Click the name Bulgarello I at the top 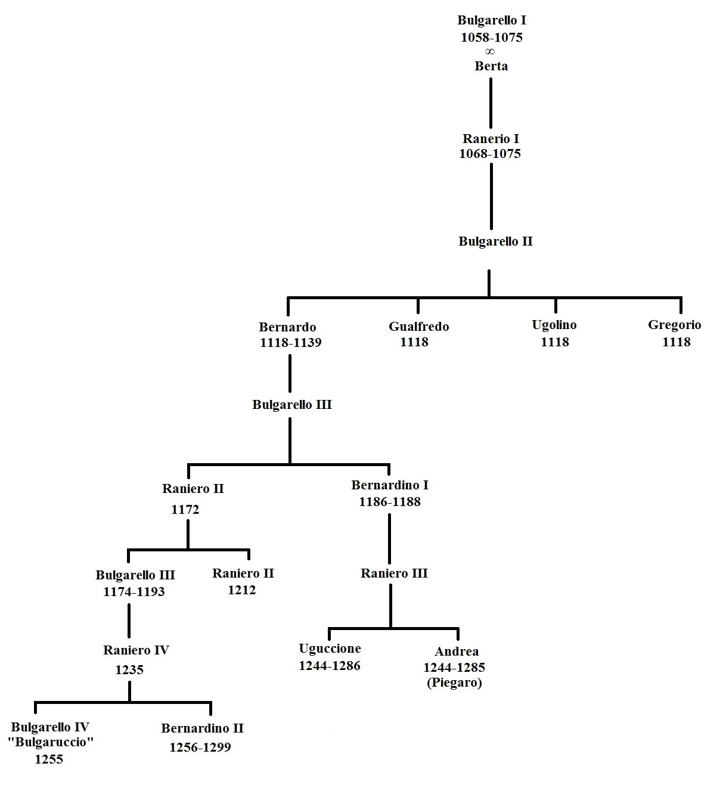click(491, 20)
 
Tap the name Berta click(491, 66)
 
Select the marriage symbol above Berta click(491, 52)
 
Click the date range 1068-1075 click(490, 154)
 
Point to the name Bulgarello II click(495, 241)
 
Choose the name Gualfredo click(418, 327)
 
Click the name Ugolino click(554, 325)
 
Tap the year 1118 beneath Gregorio click(676, 342)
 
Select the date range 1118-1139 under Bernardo click(290, 343)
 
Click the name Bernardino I click(390, 485)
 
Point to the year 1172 click(185, 510)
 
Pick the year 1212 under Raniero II click(241, 590)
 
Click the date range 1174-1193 click(134, 592)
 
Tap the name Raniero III click(394, 573)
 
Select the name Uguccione click(330, 649)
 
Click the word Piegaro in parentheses click(454, 683)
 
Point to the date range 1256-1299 click(200, 747)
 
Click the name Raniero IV click(136, 650)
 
